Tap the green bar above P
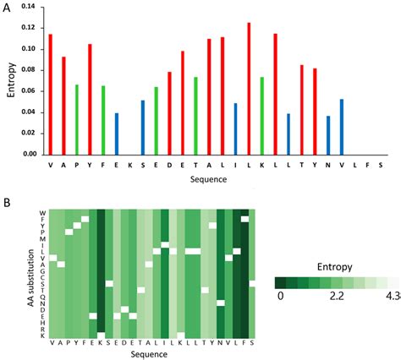click(x=76, y=119)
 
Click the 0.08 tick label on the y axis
click(x=30, y=70)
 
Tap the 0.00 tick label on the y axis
click(x=30, y=155)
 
